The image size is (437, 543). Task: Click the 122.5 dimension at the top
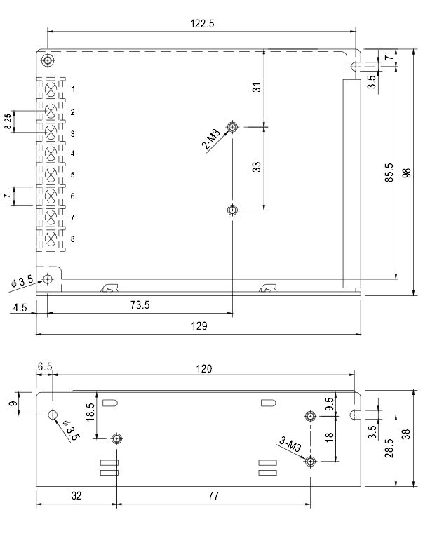pos(202,23)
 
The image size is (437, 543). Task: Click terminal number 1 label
pos(72,90)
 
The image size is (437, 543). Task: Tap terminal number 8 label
pos(72,239)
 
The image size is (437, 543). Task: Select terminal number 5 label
pos(72,175)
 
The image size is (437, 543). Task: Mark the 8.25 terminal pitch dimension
pos(8,122)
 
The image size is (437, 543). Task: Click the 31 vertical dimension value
pos(257,88)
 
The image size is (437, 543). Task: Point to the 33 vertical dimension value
pos(257,167)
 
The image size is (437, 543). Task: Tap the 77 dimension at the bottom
pos(213,495)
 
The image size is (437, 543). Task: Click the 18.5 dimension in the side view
pos(90,411)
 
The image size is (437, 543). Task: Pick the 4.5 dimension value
pos(20,307)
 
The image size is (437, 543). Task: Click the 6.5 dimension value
pos(45,367)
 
